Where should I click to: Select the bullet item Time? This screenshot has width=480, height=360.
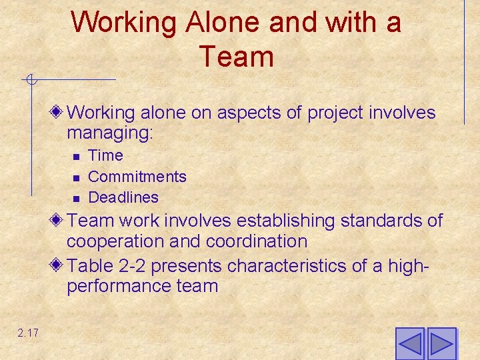point(105,156)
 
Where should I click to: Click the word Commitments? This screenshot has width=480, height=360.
point(137,177)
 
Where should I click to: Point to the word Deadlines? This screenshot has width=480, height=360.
point(123,197)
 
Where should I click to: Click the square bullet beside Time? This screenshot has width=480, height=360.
point(77,157)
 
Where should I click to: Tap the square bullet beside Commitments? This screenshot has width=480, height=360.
point(77,177)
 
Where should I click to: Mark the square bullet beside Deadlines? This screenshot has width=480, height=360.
point(77,198)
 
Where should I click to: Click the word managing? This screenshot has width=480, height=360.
point(110,133)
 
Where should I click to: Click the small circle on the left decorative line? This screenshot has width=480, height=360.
point(29,81)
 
